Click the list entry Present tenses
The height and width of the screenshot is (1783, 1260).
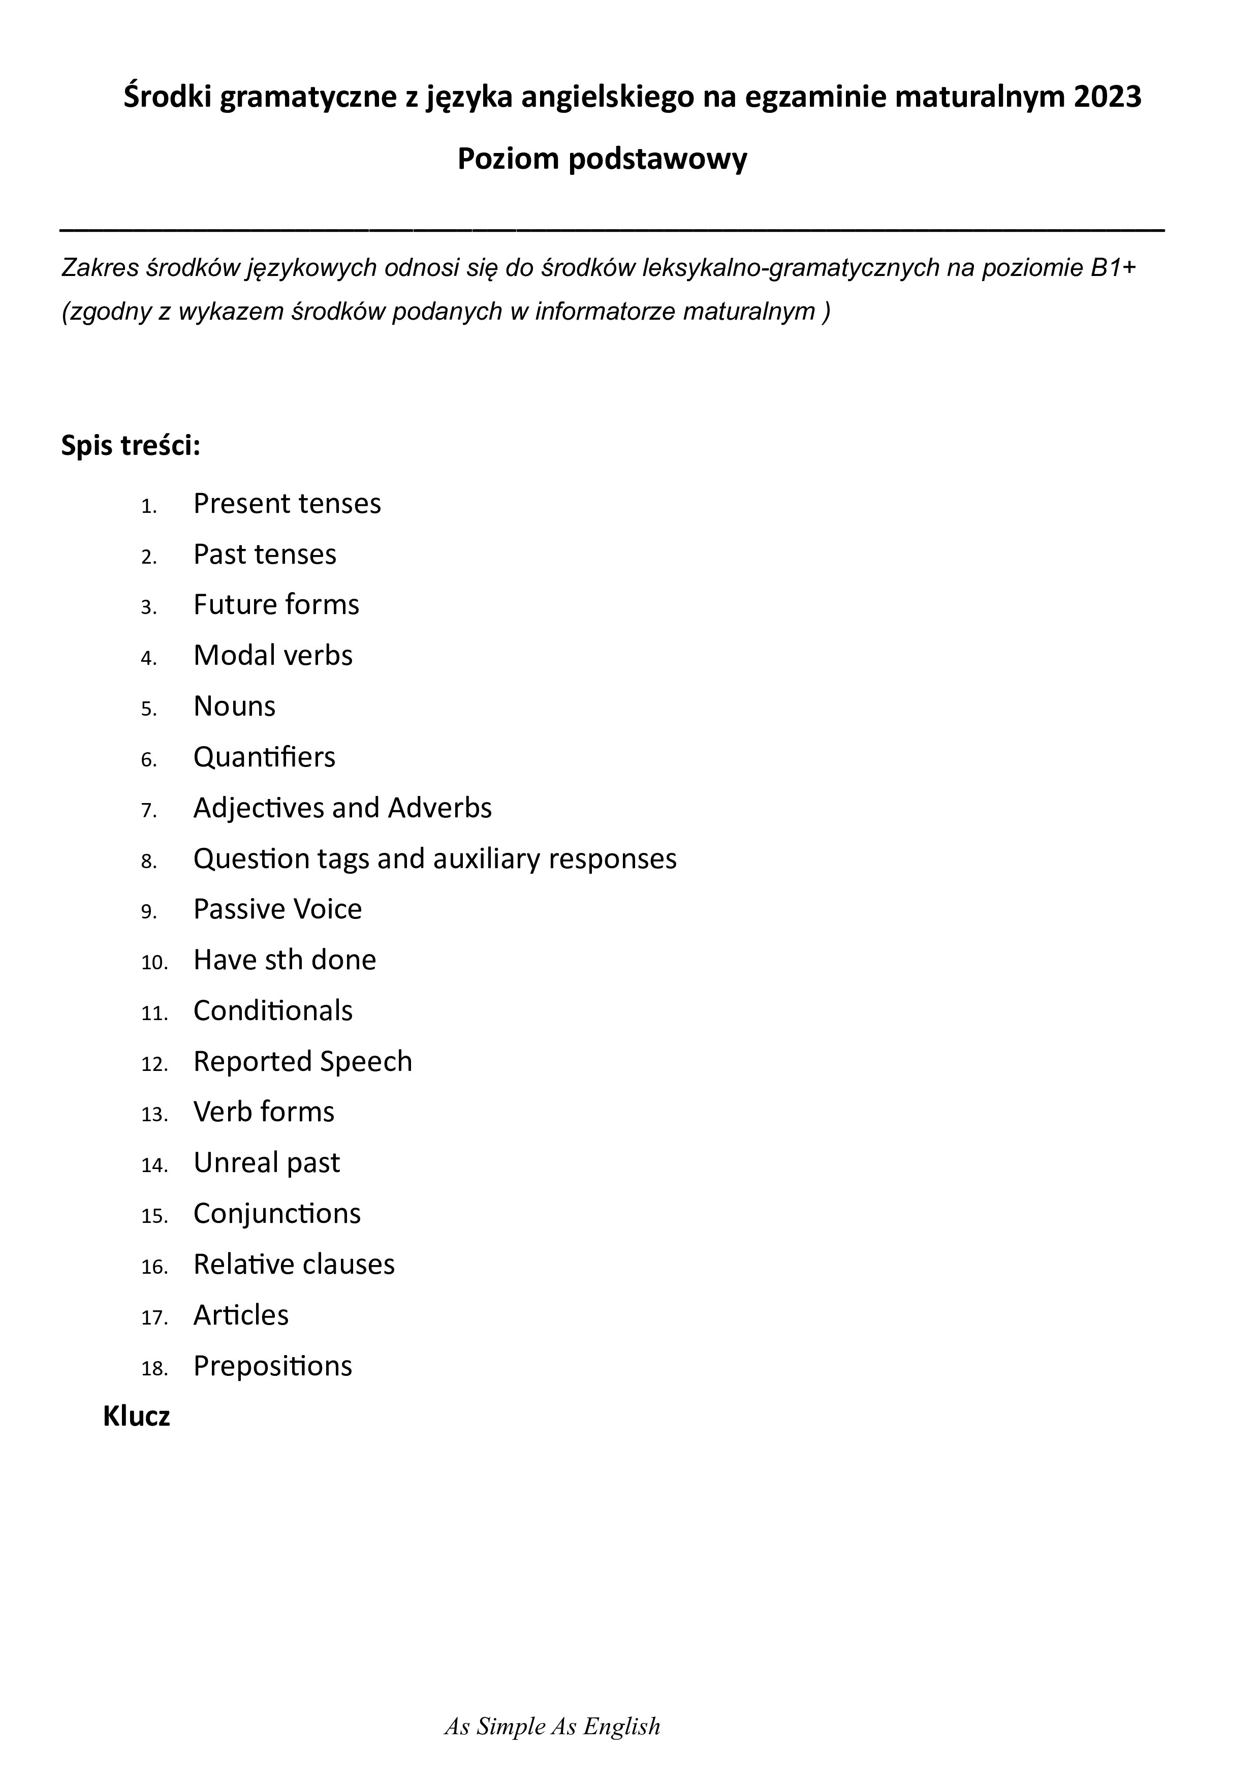287,504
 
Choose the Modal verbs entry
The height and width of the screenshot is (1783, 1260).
272,656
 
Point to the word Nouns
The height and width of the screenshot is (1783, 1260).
234,706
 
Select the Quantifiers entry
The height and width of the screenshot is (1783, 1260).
264,757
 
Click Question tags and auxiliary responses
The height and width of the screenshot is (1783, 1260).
435,859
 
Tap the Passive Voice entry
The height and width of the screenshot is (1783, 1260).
277,909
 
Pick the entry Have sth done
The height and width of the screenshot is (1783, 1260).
284,960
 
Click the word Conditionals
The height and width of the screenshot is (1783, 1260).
272,1011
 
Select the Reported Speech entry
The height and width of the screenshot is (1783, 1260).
302,1062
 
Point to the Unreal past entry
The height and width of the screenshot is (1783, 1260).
266,1162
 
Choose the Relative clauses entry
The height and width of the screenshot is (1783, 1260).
294,1264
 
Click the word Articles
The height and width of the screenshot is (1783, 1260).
241,1315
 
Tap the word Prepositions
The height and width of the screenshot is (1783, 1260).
272,1366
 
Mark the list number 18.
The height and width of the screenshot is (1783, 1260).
154,1368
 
